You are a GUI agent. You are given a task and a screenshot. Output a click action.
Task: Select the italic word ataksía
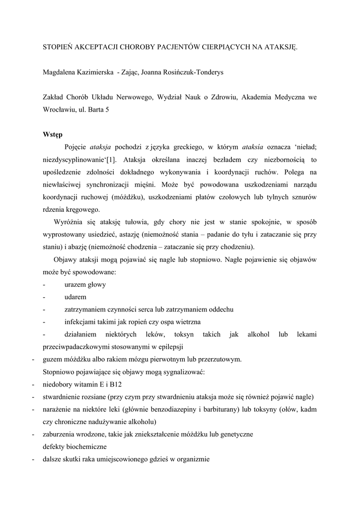[x=253, y=147]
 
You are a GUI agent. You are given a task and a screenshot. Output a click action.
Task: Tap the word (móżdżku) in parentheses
[x=128, y=197]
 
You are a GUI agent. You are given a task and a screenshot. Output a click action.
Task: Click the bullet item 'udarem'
[x=75, y=297]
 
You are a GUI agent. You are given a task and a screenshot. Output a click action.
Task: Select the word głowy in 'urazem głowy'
[x=96, y=284]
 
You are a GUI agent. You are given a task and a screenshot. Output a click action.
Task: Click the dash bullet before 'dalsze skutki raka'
[x=33, y=459]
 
